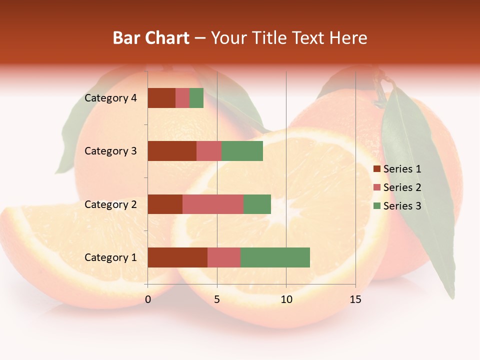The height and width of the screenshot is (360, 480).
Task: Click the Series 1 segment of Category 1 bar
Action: point(177,257)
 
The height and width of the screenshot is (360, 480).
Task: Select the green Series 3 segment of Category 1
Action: point(275,257)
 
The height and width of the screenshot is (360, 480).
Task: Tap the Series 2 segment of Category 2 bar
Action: point(213,204)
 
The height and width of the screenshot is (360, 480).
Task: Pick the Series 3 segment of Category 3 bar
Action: point(242,151)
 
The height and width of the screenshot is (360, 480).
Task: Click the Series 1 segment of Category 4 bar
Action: point(161,98)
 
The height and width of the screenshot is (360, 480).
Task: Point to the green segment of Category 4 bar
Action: point(196,98)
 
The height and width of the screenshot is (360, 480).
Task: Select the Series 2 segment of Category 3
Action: point(209,151)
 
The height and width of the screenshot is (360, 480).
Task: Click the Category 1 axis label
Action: point(110,257)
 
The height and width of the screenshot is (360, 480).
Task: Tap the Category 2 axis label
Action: point(110,204)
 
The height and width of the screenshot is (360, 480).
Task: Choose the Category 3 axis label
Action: point(110,151)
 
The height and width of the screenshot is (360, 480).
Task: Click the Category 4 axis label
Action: point(110,98)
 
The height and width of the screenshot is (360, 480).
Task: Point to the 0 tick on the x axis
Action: point(148,299)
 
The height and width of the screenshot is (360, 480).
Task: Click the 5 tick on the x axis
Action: point(217,299)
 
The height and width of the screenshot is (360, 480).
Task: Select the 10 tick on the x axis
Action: point(286,299)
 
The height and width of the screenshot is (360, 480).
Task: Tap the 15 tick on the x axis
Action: point(355,299)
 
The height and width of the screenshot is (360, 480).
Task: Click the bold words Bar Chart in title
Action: point(151,38)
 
